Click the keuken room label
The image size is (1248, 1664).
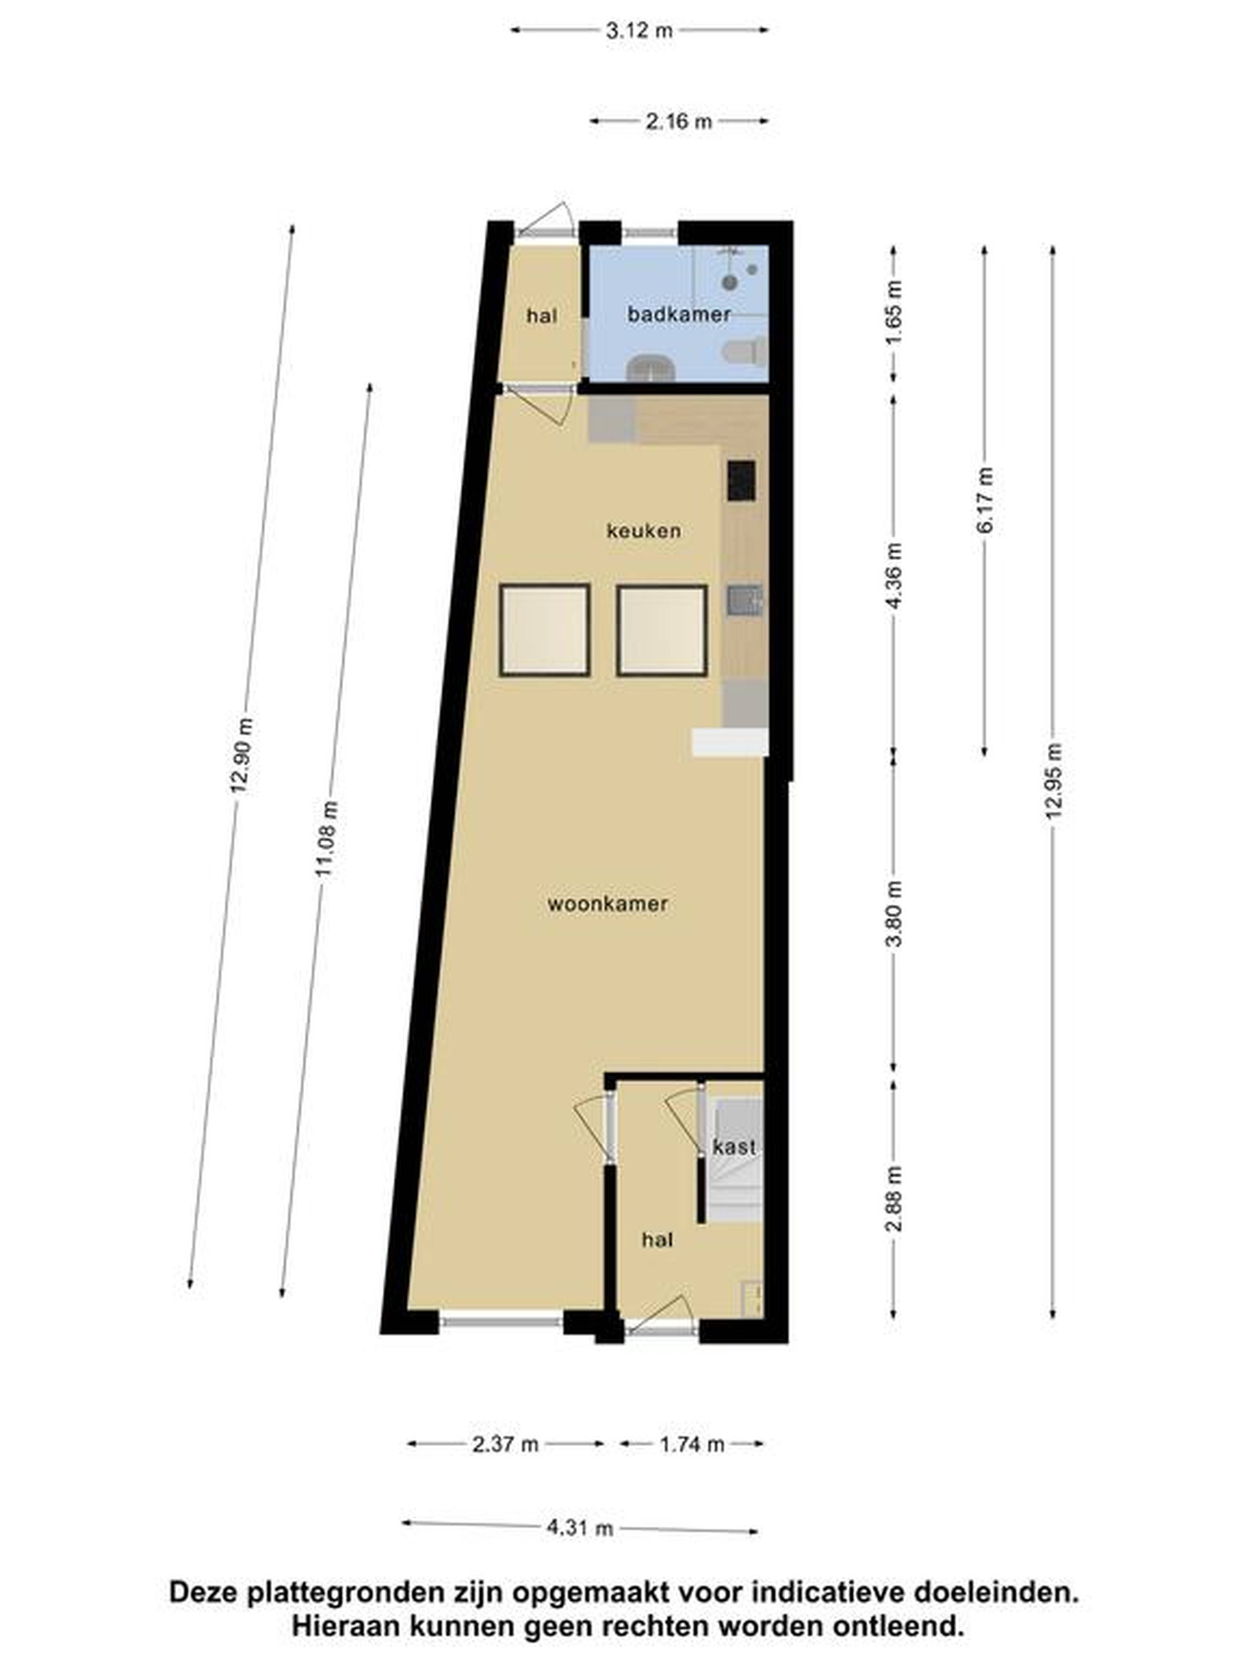click(644, 531)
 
